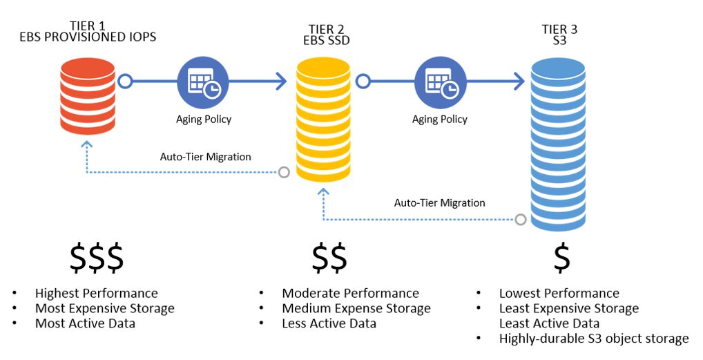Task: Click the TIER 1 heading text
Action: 87,24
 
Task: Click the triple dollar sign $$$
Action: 97,258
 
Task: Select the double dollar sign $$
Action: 330,258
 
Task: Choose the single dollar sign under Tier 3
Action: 562,258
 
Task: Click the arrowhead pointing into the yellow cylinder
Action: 279,82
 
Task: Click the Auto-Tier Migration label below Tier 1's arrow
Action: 205,157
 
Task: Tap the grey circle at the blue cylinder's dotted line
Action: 521,220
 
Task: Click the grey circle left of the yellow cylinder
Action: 283,172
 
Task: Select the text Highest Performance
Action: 97,294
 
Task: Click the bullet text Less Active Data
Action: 329,323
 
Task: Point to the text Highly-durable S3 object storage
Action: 593,339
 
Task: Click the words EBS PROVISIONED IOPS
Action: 87,37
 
